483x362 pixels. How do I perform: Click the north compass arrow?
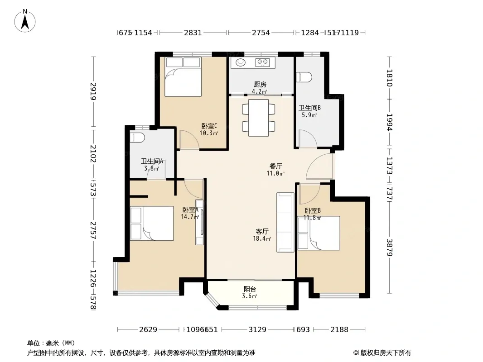[25, 22]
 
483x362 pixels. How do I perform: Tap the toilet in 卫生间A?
[137, 138]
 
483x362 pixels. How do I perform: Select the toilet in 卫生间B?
[304, 77]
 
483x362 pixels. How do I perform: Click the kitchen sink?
[241, 62]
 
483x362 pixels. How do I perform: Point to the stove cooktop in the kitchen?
[262, 62]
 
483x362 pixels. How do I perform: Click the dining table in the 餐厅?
[258, 118]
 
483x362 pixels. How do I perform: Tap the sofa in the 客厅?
[285, 222]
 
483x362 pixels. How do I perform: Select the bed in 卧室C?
[183, 77]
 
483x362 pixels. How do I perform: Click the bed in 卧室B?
[319, 233]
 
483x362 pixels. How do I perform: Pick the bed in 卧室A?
[152, 223]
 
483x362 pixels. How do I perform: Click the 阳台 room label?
[250, 289]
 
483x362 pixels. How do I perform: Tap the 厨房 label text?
[260, 84]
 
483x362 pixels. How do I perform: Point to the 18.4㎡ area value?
[262, 238]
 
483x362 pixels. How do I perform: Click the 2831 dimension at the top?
[193, 33]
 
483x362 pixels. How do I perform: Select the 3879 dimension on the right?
[390, 248]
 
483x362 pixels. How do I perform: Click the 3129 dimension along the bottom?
[257, 330]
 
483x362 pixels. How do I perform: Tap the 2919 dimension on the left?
[93, 91]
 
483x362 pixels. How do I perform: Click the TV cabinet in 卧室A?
[200, 222]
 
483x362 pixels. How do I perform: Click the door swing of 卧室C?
[189, 140]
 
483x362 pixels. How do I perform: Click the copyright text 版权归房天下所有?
[386, 353]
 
